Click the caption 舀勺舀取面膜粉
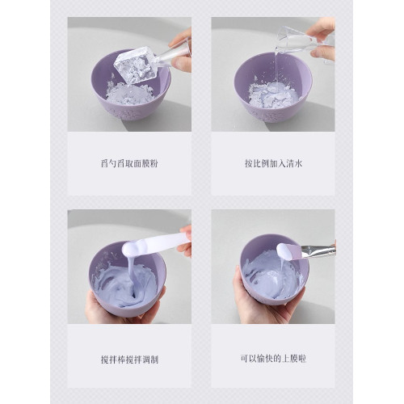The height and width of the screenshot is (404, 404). tap(129, 163)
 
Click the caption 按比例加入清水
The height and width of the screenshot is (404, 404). tap(273, 163)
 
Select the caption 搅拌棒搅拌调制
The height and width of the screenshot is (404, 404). tap(129, 360)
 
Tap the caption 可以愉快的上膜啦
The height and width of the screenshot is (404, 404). tap(273, 359)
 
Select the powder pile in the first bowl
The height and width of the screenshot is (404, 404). tap(130, 94)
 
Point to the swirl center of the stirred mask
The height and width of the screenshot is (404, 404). tap(131, 294)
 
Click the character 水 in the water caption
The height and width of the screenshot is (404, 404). tap(298, 163)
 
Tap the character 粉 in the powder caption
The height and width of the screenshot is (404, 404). tap(154, 163)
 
